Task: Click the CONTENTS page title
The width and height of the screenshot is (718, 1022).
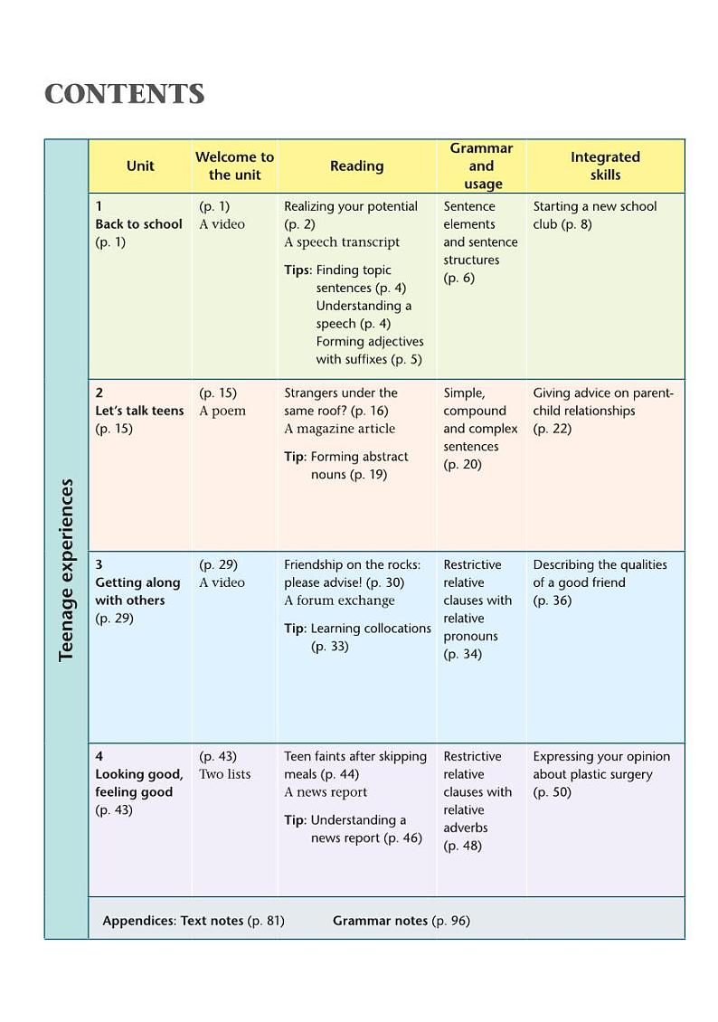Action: click(x=125, y=95)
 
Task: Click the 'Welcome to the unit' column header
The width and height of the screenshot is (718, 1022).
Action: click(x=234, y=166)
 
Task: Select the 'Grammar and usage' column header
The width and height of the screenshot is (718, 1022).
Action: click(x=481, y=166)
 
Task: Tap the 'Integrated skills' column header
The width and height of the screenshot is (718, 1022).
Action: click(x=605, y=166)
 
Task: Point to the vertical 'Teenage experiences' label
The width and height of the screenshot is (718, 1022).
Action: click(x=66, y=570)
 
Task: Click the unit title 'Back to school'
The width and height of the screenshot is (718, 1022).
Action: click(x=138, y=224)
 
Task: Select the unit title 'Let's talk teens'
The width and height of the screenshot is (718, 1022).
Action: click(x=139, y=411)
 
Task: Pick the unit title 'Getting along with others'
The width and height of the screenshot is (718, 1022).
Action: click(x=137, y=591)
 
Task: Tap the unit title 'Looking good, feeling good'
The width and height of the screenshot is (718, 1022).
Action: click(x=139, y=783)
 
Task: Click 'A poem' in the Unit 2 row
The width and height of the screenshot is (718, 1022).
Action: click(x=222, y=411)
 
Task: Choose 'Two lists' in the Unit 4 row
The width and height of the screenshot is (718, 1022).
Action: click(x=225, y=774)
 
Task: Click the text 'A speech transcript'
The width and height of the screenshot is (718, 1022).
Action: click(x=342, y=242)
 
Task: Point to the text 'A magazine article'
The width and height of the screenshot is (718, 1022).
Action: click(x=339, y=429)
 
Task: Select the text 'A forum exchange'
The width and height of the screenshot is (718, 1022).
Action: click(x=339, y=601)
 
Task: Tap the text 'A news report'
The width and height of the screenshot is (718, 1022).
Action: click(x=326, y=792)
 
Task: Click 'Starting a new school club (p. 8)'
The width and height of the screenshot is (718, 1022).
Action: click(x=594, y=215)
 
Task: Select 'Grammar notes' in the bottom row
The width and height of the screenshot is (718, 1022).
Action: click(x=381, y=921)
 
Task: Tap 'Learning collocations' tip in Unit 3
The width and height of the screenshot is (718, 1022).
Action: click(x=371, y=629)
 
